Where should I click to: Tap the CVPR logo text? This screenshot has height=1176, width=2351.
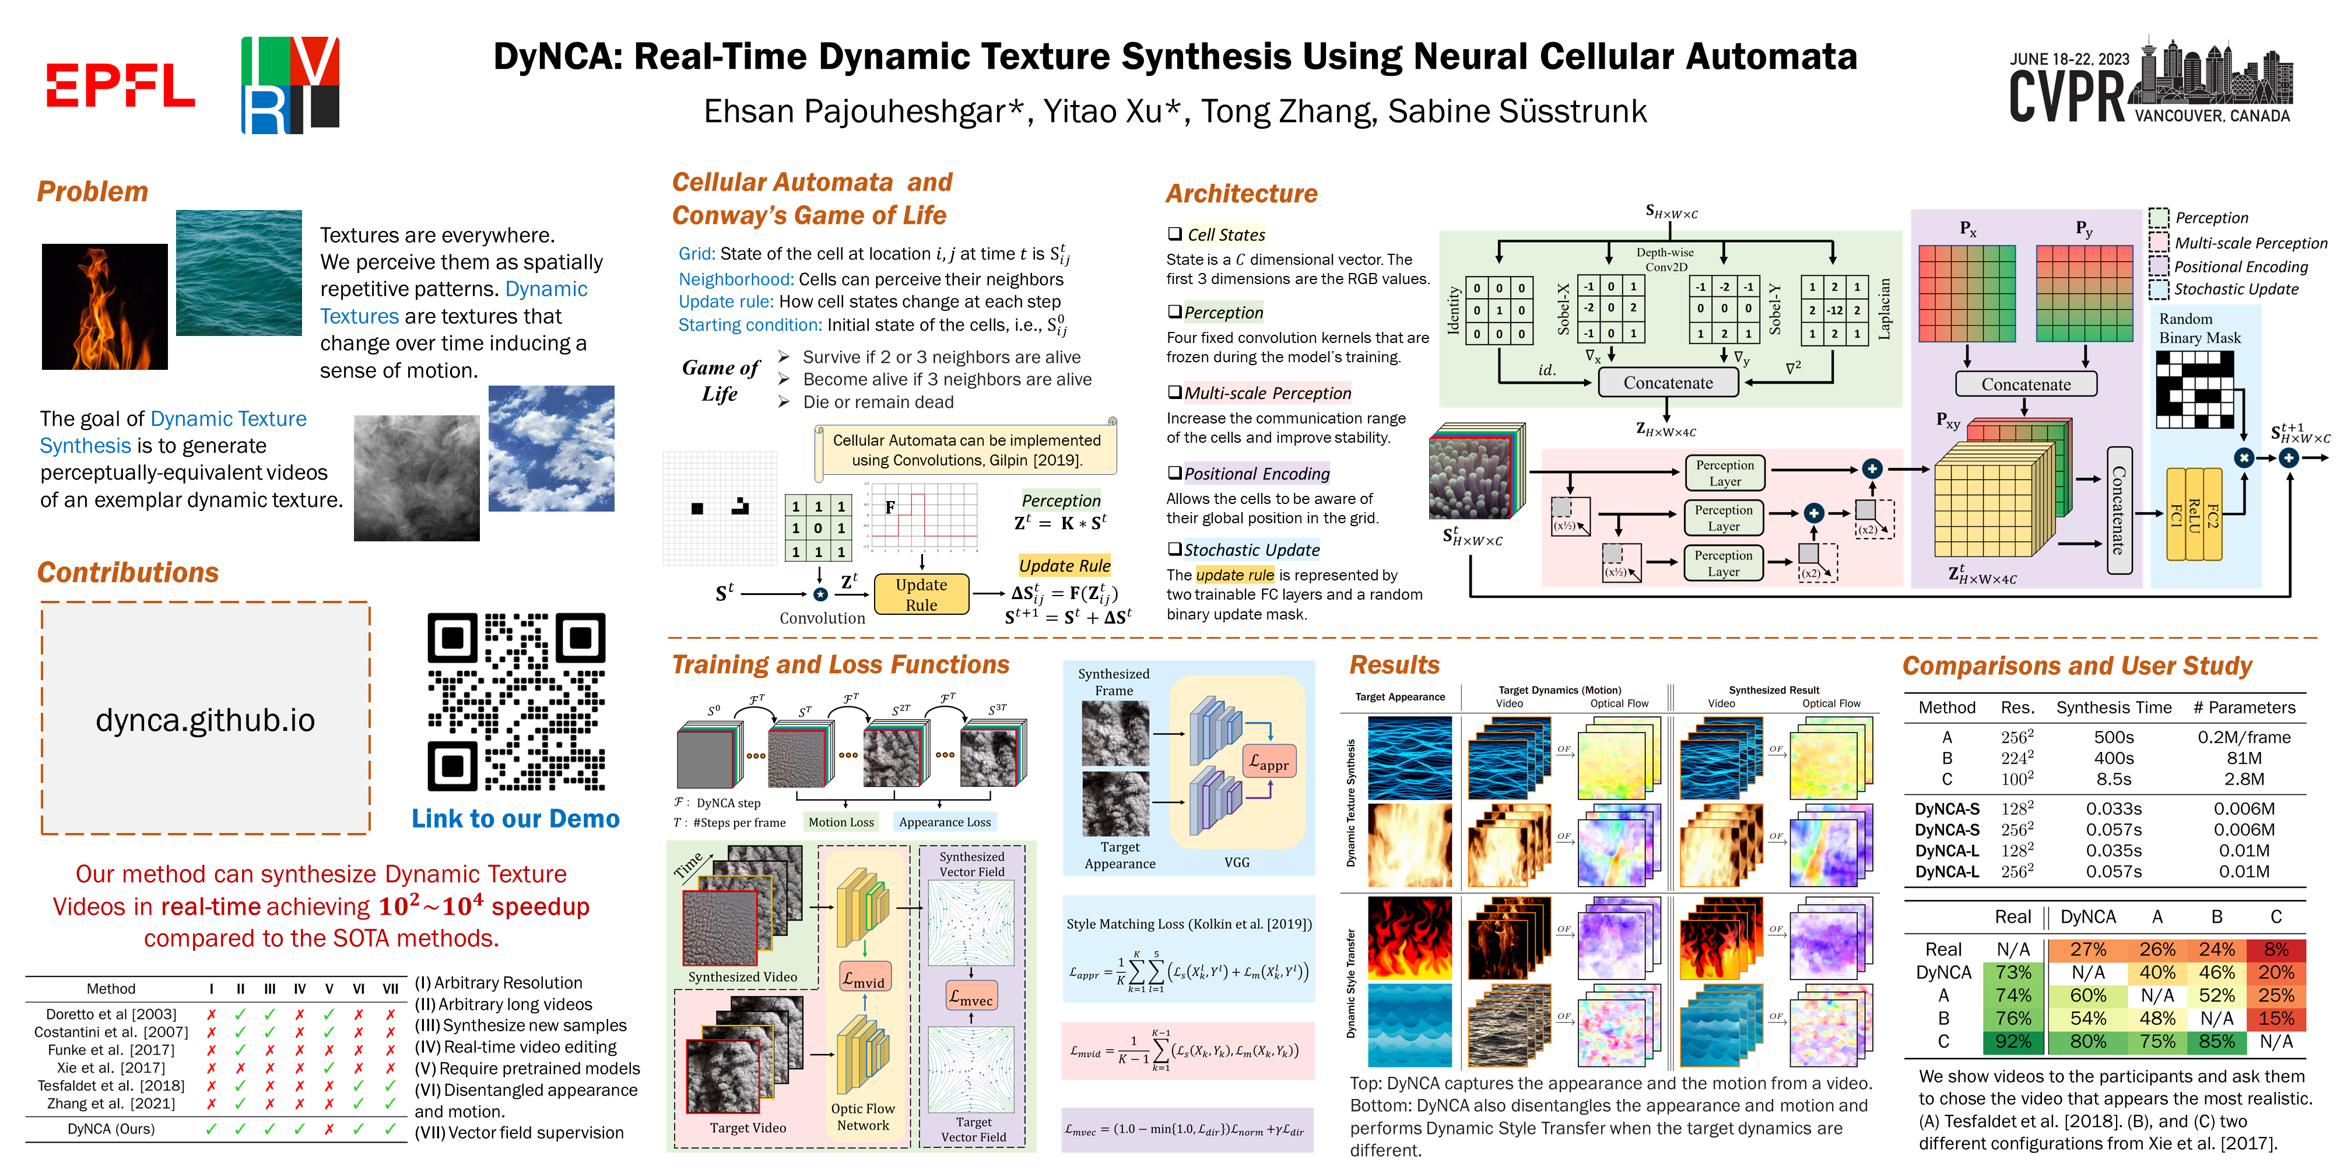point(2067,96)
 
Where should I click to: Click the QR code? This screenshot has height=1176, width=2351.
point(517,701)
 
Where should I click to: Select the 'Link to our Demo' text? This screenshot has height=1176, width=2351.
point(515,819)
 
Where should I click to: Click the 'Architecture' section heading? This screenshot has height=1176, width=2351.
point(1241,194)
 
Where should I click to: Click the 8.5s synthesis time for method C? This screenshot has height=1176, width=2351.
point(2114,779)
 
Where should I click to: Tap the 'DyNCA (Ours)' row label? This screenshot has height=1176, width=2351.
point(110,1129)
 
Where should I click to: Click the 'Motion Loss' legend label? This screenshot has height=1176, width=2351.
point(841,822)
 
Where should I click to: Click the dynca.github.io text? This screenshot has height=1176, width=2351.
point(205,720)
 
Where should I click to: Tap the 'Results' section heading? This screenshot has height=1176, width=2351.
point(1394,664)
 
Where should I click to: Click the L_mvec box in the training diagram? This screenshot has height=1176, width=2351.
point(971,999)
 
